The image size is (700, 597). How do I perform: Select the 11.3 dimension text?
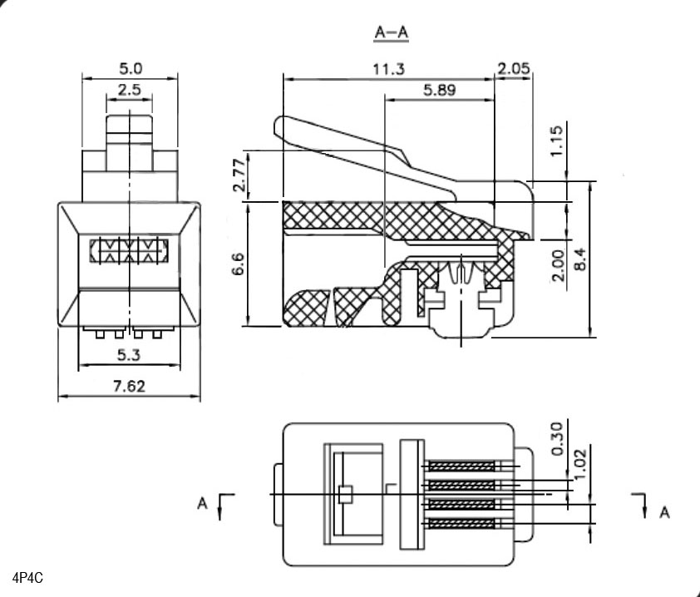[x=389, y=70]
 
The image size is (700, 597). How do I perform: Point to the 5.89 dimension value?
[x=439, y=90]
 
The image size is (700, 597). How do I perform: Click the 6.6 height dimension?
[x=238, y=266]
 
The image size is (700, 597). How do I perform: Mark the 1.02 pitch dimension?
[x=579, y=461]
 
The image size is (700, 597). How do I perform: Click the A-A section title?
[x=392, y=32]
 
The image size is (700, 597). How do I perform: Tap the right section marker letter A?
[x=664, y=511]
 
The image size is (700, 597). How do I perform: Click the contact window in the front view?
[x=129, y=251]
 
